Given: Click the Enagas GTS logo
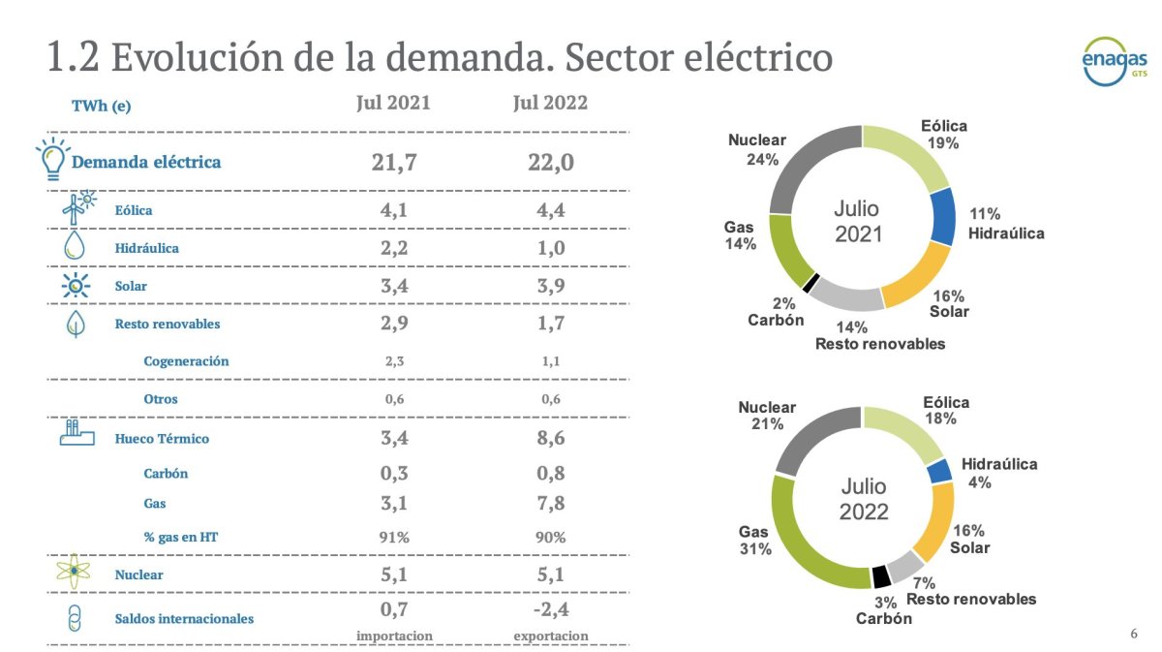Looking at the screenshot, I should coord(1114,62).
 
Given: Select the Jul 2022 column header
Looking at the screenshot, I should coord(550,103).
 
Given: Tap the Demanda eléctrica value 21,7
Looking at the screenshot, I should coord(394,162).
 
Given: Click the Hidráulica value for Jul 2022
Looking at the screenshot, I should coord(550,247).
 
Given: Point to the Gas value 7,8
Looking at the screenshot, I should coord(550,504).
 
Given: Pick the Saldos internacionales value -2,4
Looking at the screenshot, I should coord(550,610).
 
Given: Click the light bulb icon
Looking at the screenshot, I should coord(52,158).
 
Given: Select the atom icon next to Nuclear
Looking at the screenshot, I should coord(74,574).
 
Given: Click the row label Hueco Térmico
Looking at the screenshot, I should coord(162,439).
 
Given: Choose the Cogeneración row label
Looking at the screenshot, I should coord(186,361).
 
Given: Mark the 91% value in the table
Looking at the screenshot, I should coord(394,536).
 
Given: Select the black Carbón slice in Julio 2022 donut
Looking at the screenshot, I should coord(881,576).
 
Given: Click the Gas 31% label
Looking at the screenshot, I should coord(754,541).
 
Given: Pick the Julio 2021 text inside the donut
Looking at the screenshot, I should coord(859,221).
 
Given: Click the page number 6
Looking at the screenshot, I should coord(1134,634).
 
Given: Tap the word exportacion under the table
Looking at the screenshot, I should coord(550,636).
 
